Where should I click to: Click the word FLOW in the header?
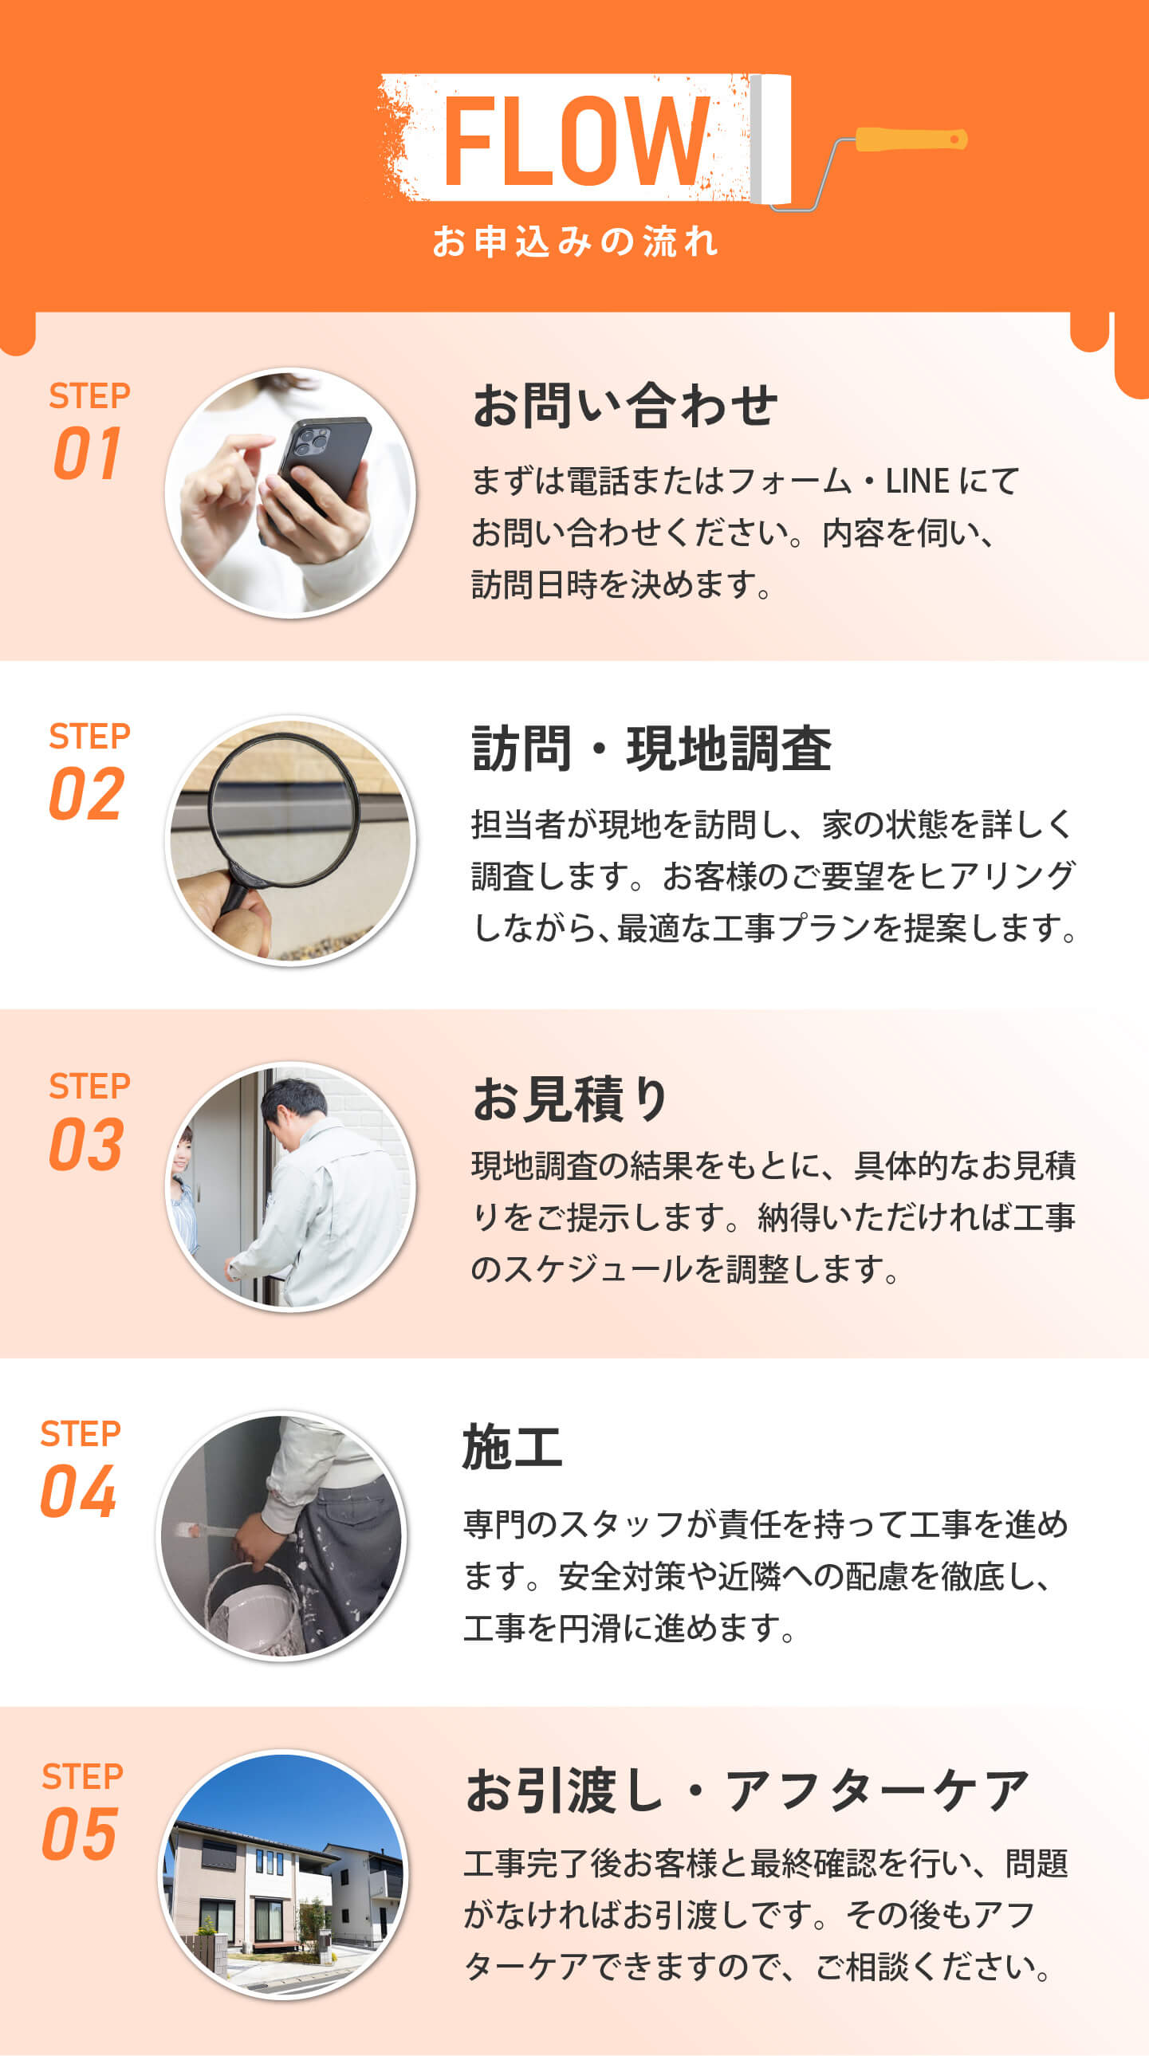[x=576, y=141]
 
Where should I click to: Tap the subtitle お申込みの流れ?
[x=575, y=241]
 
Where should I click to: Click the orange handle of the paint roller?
[x=911, y=140]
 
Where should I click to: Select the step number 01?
[x=88, y=453]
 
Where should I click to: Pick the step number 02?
[x=87, y=793]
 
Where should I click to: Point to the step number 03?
[x=86, y=1144]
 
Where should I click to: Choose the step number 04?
[x=79, y=1492]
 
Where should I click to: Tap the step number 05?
[x=80, y=1834]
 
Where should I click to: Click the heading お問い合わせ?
[x=625, y=406]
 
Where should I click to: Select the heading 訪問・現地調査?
[x=651, y=749]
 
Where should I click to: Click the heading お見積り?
[x=570, y=1099]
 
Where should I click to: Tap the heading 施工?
[x=512, y=1447]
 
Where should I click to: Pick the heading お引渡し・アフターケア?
[x=747, y=1791]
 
